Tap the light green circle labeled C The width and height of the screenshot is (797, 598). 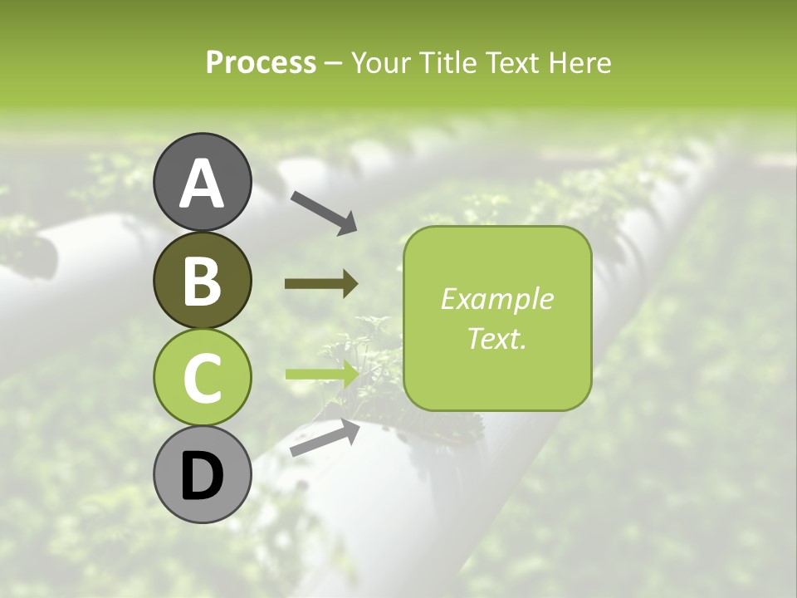click(202, 377)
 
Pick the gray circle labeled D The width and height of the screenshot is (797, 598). click(202, 474)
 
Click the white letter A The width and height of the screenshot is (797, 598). click(202, 184)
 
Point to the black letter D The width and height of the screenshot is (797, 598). click(202, 476)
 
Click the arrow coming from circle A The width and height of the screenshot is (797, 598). click(324, 212)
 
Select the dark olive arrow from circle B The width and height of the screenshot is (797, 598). click(321, 284)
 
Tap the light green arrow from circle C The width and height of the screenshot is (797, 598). click(321, 374)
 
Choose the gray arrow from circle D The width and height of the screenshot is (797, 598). click(325, 437)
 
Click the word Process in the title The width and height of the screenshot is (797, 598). click(261, 63)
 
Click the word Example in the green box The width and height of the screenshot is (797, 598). click(496, 299)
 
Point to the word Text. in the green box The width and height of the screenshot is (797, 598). click(496, 338)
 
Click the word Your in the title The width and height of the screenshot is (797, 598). click(379, 63)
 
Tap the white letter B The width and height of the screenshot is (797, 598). click(202, 281)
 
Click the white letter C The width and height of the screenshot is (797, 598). click(202, 379)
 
